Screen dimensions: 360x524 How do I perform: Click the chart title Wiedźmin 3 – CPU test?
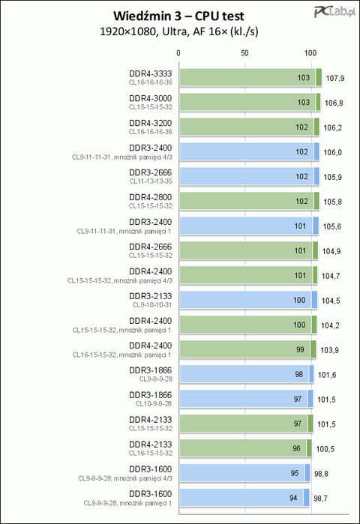click(x=178, y=16)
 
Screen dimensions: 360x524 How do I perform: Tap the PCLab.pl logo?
click(x=334, y=12)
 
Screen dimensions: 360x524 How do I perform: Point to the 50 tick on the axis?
click(x=244, y=52)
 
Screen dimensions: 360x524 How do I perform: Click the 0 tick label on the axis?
click(x=178, y=52)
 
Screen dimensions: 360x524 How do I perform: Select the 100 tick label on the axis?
click(x=310, y=52)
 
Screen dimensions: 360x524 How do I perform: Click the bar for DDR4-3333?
click(x=250, y=77)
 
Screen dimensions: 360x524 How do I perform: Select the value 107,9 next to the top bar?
click(x=335, y=78)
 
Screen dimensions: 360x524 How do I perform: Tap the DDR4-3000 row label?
click(x=151, y=98)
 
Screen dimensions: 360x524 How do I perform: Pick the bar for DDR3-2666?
click(x=249, y=176)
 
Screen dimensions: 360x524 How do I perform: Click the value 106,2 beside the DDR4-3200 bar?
click(x=332, y=127)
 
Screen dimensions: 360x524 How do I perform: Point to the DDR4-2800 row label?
click(x=151, y=197)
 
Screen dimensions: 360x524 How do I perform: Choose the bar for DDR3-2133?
click(x=248, y=300)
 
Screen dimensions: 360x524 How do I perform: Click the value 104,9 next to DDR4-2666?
click(x=331, y=251)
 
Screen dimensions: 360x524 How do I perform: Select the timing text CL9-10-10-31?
click(x=152, y=305)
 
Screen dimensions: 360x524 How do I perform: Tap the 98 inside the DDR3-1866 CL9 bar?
click(x=298, y=374)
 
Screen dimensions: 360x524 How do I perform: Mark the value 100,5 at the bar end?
click(x=325, y=449)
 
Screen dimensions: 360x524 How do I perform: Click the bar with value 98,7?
click(x=244, y=498)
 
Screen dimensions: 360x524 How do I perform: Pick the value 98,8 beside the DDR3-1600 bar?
click(x=321, y=474)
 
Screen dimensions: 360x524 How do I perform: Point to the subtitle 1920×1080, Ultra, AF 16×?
click(x=178, y=31)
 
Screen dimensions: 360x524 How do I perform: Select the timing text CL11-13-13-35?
click(x=151, y=181)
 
